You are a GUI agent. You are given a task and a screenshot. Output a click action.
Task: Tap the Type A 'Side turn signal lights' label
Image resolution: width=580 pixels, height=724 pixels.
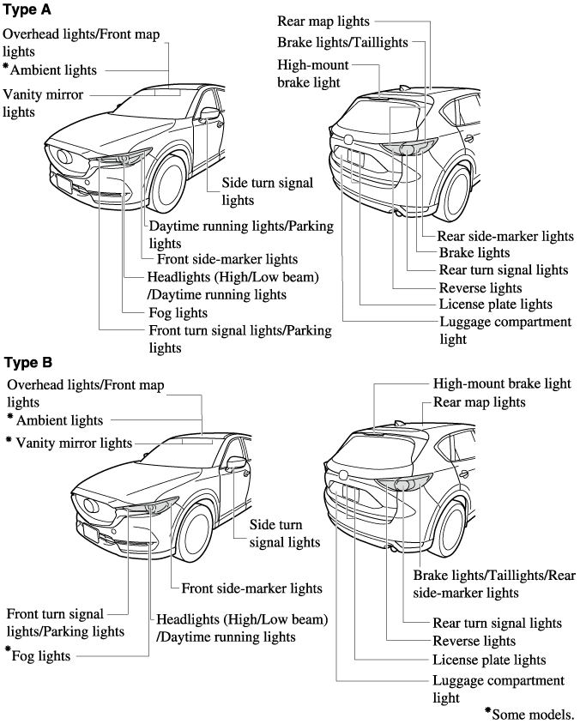click(x=267, y=191)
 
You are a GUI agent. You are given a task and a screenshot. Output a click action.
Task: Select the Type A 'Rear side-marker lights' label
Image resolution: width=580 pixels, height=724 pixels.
click(x=504, y=236)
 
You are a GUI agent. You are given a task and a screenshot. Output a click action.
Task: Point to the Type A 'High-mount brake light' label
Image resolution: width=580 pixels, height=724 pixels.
click(x=309, y=74)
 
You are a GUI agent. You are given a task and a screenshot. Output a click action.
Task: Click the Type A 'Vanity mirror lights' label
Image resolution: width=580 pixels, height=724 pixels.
click(x=44, y=103)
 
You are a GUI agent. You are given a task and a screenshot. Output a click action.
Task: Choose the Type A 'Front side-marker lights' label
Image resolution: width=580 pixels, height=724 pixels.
click(x=227, y=259)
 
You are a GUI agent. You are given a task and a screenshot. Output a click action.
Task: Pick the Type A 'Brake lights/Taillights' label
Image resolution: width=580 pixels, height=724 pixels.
click(x=342, y=41)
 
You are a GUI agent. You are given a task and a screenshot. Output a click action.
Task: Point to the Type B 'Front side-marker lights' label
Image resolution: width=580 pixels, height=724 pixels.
click(x=251, y=588)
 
